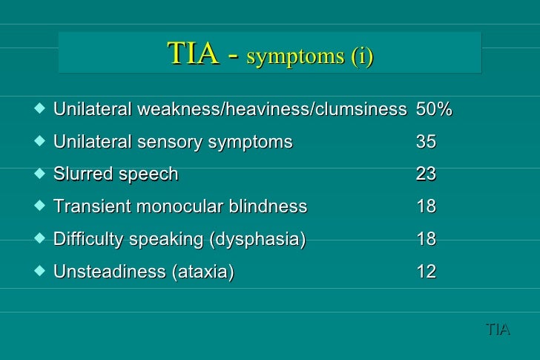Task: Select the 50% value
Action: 434,110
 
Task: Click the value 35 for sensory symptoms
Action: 426,143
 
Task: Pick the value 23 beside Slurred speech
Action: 426,174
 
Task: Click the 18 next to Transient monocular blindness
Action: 426,207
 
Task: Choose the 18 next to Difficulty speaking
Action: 426,240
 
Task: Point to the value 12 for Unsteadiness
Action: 426,272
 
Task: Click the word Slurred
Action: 82,174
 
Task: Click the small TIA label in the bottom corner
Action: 498,328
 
